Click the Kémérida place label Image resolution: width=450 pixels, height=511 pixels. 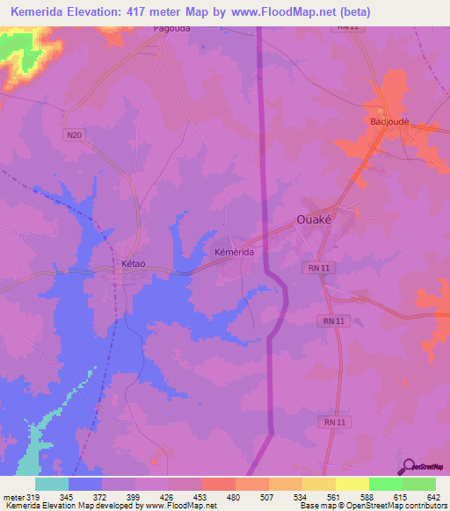[x=235, y=252]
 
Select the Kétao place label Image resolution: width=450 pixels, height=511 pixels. [x=123, y=263]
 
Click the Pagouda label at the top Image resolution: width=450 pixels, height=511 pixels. [x=172, y=27]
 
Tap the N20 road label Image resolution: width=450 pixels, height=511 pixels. [x=74, y=134]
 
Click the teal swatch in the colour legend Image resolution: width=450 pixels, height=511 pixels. [x=51, y=485]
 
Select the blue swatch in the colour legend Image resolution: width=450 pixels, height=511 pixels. [x=84, y=485]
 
